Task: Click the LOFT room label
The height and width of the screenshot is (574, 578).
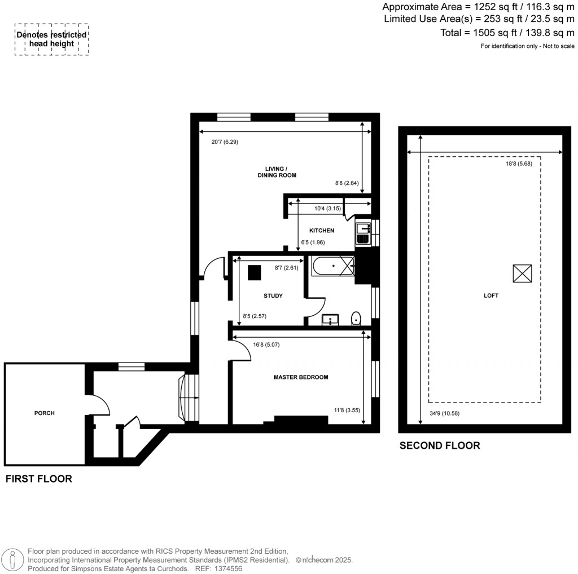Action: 491,295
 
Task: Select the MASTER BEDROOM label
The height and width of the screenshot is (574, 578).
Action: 300,377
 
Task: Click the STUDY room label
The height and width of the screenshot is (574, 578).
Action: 273,295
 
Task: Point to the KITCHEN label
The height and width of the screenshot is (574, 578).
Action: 321,230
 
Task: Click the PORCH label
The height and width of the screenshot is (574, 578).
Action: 44,413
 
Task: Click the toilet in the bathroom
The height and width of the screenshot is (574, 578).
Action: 356,319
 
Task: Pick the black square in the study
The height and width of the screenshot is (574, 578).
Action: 254,272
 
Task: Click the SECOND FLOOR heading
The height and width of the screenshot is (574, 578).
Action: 440,445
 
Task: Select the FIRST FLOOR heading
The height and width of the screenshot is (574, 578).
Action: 38,479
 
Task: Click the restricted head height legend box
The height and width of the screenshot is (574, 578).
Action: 51,39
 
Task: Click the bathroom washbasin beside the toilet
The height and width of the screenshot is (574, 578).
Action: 330,320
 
